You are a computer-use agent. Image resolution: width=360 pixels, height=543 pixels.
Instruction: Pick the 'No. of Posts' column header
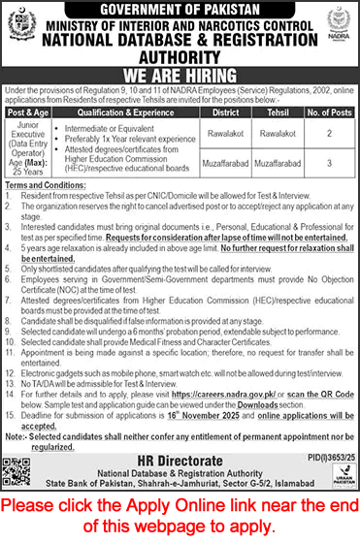[x=330, y=112]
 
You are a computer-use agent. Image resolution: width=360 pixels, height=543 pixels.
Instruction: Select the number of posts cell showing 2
[x=330, y=135]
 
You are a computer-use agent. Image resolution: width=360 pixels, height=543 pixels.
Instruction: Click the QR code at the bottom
[x=22, y=463]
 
